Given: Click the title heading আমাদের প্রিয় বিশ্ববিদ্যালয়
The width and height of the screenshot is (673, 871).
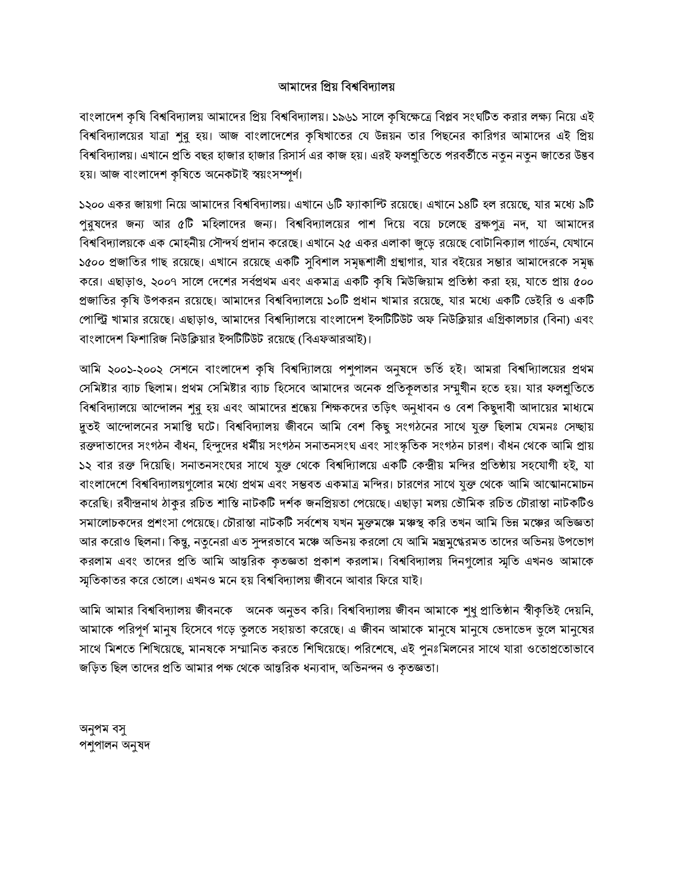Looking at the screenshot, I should [x=336, y=87].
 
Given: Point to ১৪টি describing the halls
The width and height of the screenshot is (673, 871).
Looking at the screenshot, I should [x=470, y=204].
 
